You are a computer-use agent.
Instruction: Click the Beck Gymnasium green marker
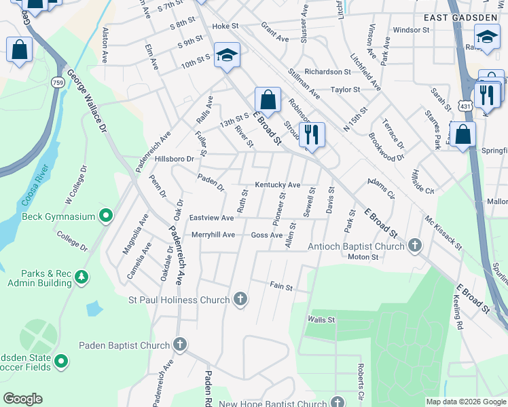[105, 216]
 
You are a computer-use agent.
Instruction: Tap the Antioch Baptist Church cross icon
[414, 246]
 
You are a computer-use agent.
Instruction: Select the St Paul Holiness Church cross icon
[240, 299]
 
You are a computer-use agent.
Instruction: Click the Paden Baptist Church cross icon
[180, 345]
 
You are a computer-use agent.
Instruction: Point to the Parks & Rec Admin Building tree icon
[81, 277]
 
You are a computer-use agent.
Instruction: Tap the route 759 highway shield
[58, 82]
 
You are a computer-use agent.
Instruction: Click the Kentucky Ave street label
[277, 185]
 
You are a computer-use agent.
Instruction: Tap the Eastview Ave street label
[211, 218]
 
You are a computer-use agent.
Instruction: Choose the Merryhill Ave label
[213, 235]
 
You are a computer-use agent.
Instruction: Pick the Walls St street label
[321, 319]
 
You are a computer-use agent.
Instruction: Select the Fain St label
[280, 286]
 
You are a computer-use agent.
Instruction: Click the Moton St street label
[363, 257]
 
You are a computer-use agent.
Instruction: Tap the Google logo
[22, 399]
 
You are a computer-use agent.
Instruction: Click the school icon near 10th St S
[227, 56]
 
